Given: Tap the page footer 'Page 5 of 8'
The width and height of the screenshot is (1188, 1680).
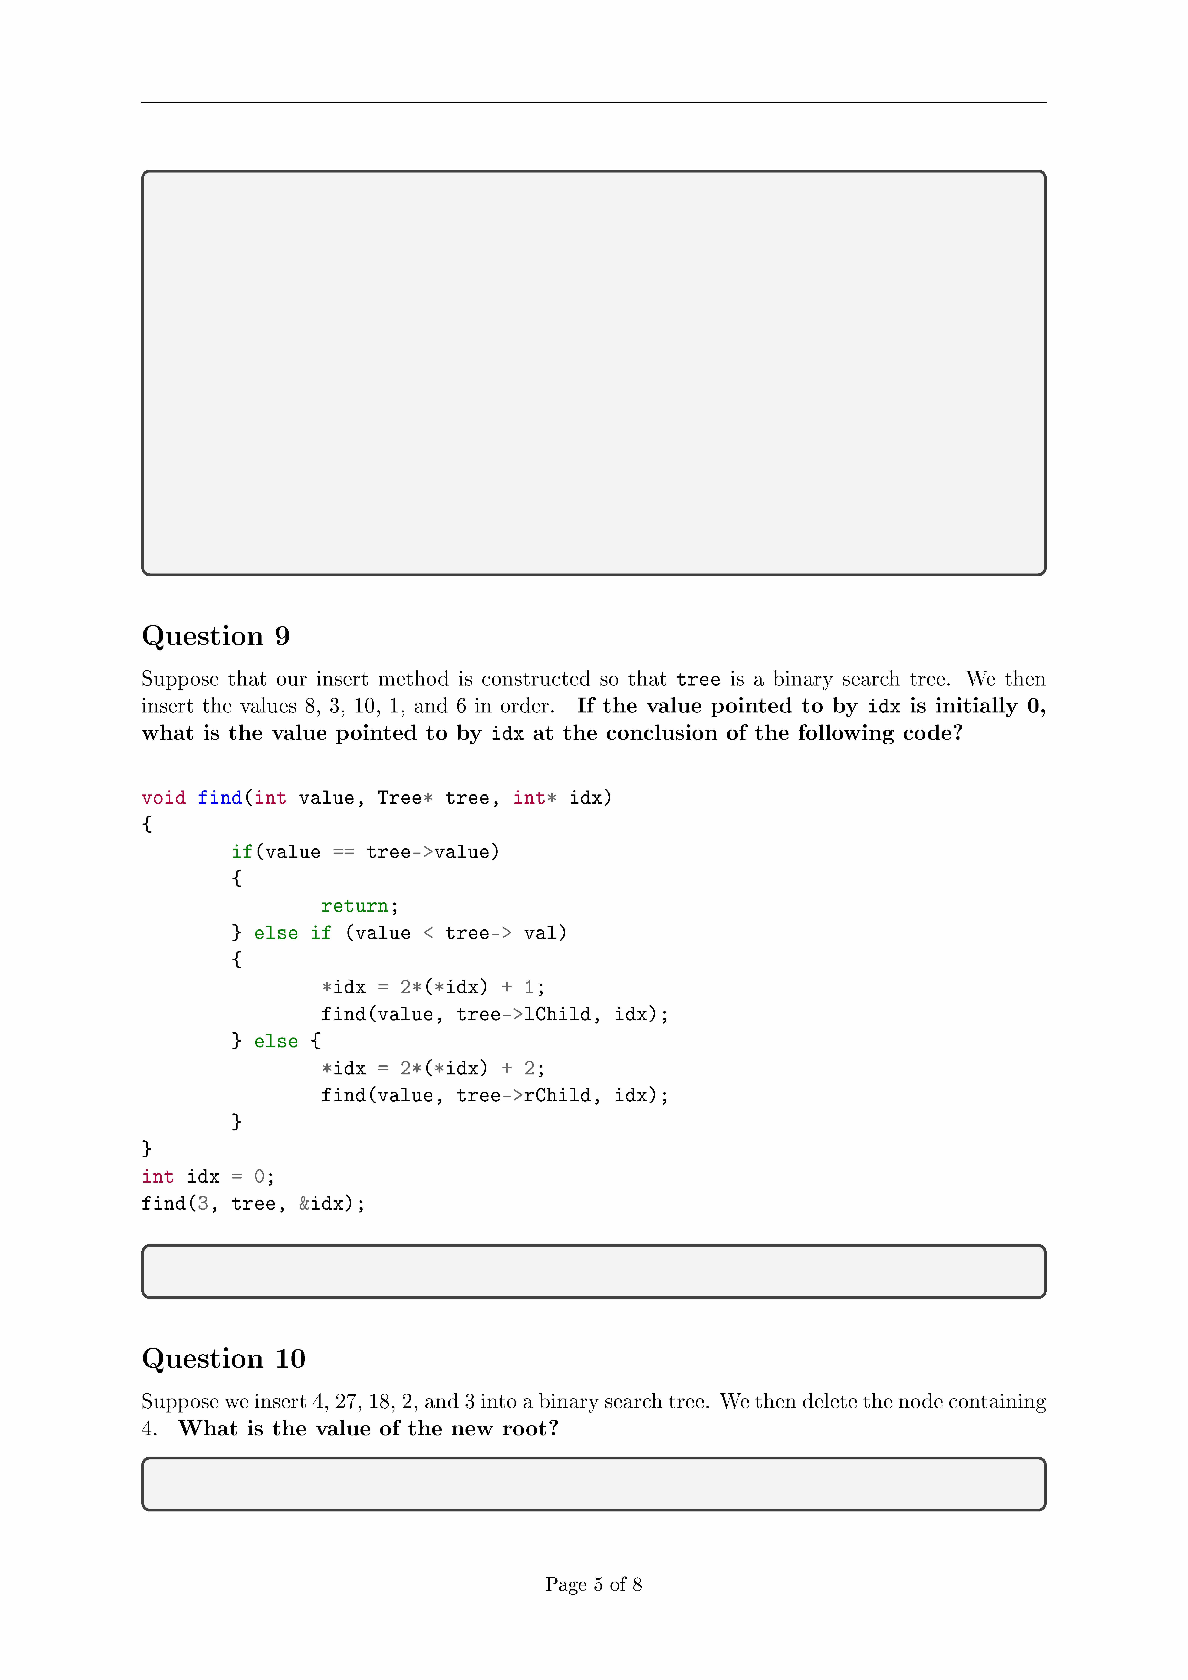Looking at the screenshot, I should (x=593, y=1584).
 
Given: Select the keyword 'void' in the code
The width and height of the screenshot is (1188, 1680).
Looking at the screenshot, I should (x=163, y=797).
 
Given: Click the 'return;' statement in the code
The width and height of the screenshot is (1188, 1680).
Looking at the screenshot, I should (x=359, y=906).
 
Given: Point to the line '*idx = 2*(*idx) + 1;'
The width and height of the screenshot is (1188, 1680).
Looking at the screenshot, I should (x=432, y=987).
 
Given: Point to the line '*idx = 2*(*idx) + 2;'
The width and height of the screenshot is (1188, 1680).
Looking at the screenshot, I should (x=432, y=1068).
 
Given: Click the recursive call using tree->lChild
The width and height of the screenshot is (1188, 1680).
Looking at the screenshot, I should (x=495, y=1014).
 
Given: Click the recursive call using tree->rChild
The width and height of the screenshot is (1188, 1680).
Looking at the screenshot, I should (x=495, y=1095).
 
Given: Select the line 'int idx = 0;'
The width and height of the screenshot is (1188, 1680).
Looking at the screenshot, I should (x=208, y=1177).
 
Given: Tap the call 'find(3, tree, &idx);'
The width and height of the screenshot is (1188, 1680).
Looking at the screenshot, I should (x=253, y=1204).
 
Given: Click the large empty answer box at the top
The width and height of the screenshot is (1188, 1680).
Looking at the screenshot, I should (x=593, y=373).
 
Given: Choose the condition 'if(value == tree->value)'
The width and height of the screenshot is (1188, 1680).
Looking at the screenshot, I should (x=365, y=852).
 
